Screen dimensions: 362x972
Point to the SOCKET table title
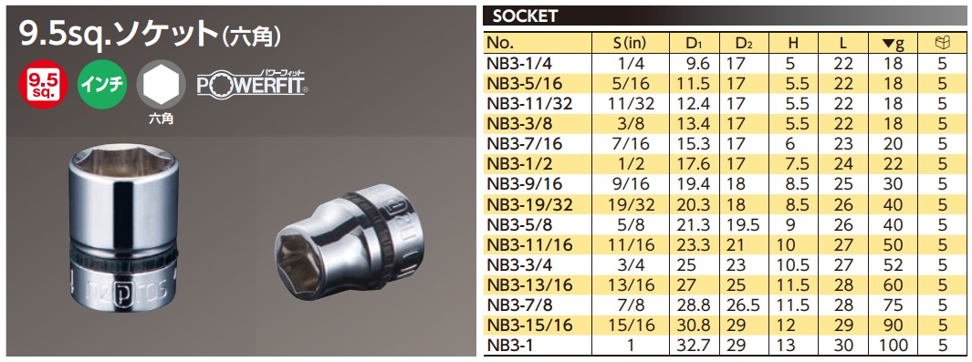526,16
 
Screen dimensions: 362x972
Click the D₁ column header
695,42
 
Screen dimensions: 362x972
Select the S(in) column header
632,42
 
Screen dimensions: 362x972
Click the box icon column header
943,42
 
